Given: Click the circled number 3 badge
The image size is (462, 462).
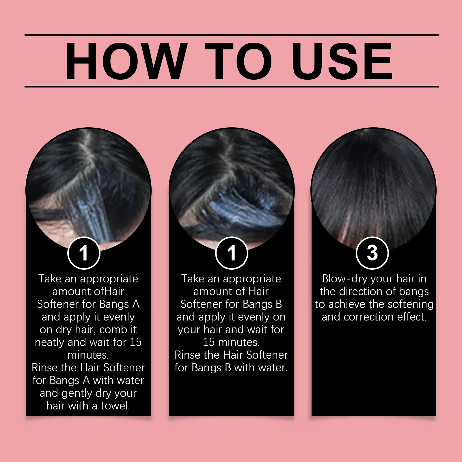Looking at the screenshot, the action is click(x=372, y=253).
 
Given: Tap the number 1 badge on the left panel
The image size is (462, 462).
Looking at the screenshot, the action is click(x=84, y=253).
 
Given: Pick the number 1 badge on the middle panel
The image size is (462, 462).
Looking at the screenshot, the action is click(x=232, y=253).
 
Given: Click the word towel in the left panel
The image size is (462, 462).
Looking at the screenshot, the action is click(x=115, y=406).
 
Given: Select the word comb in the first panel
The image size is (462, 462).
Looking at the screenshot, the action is click(x=114, y=329).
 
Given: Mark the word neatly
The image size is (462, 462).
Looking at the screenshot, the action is click(x=50, y=343).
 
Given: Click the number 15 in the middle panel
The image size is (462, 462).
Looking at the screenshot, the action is click(x=209, y=342).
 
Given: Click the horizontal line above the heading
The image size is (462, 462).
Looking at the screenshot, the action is click(x=232, y=35).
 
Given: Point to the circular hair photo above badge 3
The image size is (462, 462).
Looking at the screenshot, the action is click(x=373, y=189).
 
